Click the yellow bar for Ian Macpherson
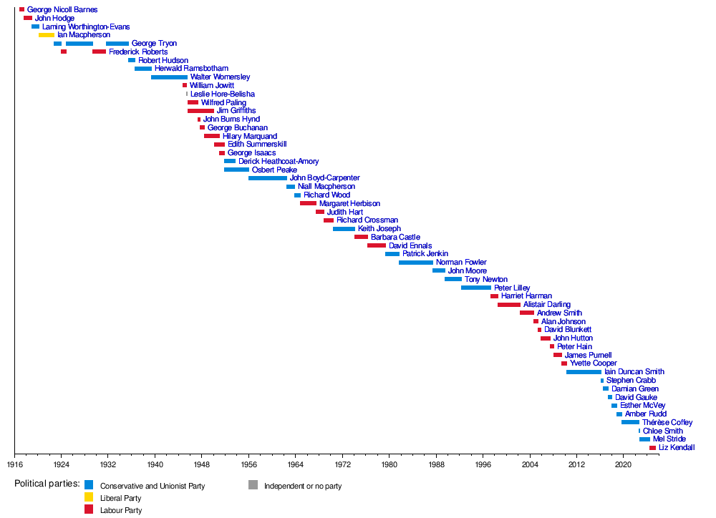coord(47,35)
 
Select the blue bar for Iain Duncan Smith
coord(584,372)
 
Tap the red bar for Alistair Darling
coord(509,305)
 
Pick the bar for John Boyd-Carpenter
coord(268,178)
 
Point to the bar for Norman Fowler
coord(416,263)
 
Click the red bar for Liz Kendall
coord(652,448)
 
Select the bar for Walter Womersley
coord(169,77)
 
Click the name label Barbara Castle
coord(395,237)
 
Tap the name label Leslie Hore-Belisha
coord(222,94)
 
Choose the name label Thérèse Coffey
coord(667,422)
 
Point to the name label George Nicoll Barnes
coord(62,10)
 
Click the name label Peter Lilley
coord(512,288)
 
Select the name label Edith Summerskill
coord(257,145)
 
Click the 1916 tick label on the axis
coord(14,464)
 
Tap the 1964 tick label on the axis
coord(295,464)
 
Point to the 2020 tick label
coord(623,464)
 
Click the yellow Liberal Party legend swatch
coord(89,497)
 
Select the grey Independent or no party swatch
coord(253,485)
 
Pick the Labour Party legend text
coord(121,510)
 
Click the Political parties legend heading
coord(47,484)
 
